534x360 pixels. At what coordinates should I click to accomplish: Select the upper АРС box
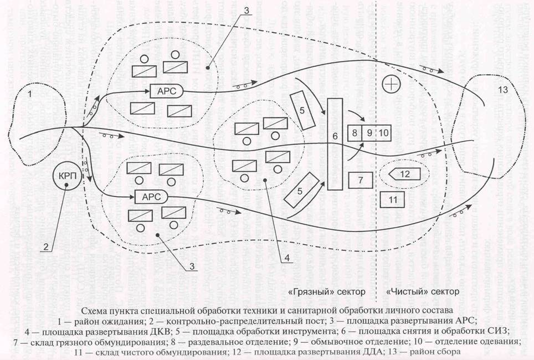(x=167, y=91)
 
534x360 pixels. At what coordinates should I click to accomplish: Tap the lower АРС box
(x=152, y=197)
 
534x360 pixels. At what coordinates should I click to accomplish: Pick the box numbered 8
(x=355, y=133)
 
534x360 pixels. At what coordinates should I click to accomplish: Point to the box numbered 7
(x=361, y=180)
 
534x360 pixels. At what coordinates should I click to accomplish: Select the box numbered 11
(x=392, y=199)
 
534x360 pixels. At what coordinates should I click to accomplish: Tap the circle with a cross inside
(x=391, y=84)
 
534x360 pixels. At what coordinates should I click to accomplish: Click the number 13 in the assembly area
(x=502, y=90)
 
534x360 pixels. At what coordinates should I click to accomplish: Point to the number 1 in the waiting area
(x=29, y=94)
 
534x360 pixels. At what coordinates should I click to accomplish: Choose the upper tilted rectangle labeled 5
(x=302, y=110)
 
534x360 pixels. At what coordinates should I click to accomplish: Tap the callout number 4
(x=287, y=258)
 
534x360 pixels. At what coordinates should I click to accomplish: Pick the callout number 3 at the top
(x=246, y=11)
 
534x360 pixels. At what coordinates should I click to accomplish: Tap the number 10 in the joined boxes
(x=383, y=133)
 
